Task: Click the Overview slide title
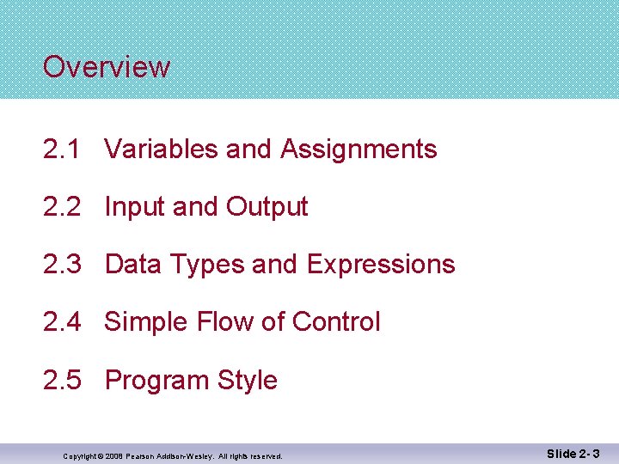(107, 67)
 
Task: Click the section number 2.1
(63, 150)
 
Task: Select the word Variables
(162, 150)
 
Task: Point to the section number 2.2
(63, 207)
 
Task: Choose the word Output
(267, 207)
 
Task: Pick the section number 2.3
(63, 265)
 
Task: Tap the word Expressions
(381, 265)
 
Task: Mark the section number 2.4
(63, 322)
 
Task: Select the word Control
(336, 322)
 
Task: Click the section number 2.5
(63, 380)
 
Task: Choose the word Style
(248, 380)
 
